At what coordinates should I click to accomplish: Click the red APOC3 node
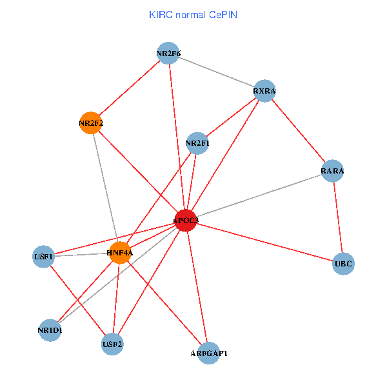click(185, 221)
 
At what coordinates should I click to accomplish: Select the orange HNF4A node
click(120, 252)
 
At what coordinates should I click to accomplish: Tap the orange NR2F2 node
click(91, 123)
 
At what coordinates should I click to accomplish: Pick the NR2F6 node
click(168, 54)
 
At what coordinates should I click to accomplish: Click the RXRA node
click(264, 91)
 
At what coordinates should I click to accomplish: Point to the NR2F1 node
click(197, 143)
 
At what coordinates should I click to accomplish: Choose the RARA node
click(333, 171)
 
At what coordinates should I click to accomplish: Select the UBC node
click(344, 264)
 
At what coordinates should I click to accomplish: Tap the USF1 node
click(43, 256)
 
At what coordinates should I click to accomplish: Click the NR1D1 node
click(50, 330)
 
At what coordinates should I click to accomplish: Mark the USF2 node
click(112, 344)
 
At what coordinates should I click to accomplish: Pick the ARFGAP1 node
click(209, 353)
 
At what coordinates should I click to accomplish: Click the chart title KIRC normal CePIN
click(193, 14)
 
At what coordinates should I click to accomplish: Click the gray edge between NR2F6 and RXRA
click(217, 72)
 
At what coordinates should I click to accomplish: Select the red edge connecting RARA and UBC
click(339, 217)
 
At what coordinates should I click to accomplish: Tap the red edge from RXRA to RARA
click(299, 131)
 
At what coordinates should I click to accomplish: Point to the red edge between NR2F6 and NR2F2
click(130, 88)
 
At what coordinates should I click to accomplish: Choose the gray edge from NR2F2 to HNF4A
click(105, 187)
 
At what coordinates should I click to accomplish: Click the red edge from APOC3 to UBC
click(264, 242)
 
